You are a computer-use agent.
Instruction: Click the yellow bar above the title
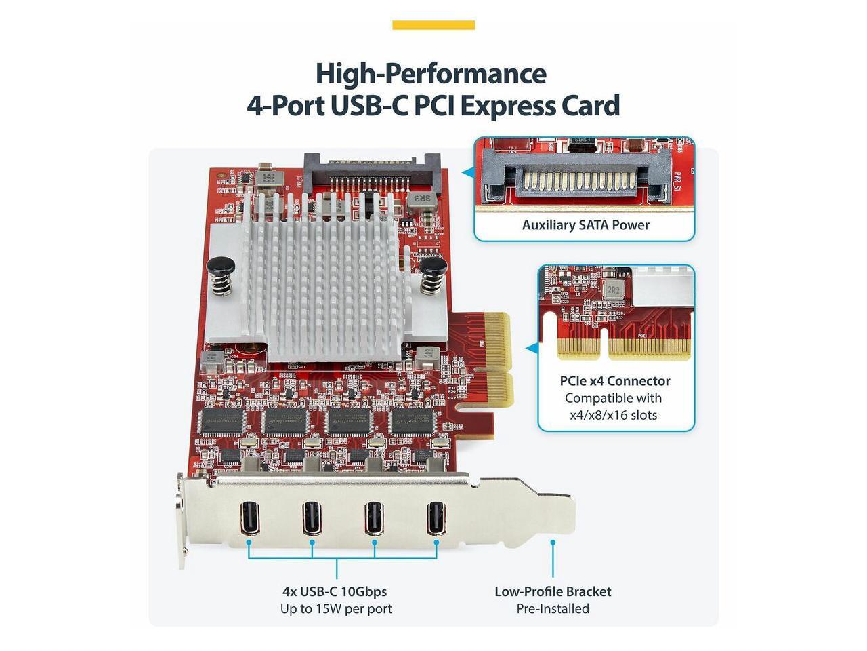click(x=433, y=25)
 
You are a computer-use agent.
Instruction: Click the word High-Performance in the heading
click(x=431, y=73)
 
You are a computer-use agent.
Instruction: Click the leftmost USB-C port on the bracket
click(x=248, y=518)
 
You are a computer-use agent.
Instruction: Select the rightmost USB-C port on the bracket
click(x=436, y=518)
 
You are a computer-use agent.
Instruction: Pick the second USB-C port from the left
click(x=312, y=518)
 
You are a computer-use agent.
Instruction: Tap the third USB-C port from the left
click(x=374, y=518)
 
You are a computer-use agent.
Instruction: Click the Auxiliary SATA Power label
click(x=585, y=225)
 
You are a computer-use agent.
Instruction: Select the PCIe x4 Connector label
click(x=615, y=381)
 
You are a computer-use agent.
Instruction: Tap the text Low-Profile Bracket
click(x=553, y=591)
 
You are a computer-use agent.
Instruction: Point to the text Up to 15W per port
click(x=336, y=609)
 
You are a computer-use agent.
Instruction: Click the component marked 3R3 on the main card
click(x=421, y=199)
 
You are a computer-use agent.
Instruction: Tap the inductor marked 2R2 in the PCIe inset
click(x=613, y=290)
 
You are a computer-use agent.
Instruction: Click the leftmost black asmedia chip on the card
click(x=222, y=422)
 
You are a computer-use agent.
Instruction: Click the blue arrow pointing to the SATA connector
click(x=467, y=173)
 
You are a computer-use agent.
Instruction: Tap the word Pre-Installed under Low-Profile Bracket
click(x=553, y=609)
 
